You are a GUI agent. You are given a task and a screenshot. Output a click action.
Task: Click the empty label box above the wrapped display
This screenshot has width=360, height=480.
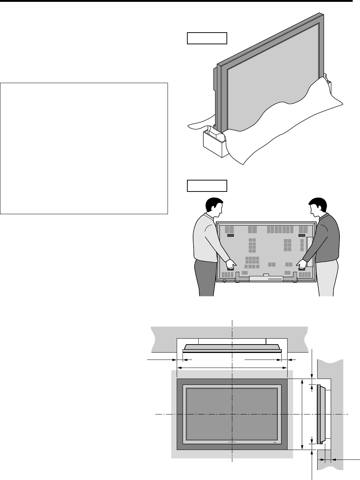click(207, 38)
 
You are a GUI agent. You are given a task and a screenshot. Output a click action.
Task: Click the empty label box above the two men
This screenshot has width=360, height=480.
click(207, 186)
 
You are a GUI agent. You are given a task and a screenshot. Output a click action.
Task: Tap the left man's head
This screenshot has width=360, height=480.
click(214, 207)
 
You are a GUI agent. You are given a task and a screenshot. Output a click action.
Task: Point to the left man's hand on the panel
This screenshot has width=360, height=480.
click(231, 264)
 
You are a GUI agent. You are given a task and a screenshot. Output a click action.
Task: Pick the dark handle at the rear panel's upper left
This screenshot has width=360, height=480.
click(230, 236)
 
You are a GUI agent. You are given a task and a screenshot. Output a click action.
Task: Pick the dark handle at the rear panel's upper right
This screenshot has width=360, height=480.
click(302, 236)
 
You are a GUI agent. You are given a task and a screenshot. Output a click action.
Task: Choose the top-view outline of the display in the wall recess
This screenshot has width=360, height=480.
click(232, 348)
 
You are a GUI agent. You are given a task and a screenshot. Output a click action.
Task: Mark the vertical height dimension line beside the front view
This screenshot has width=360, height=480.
click(302, 414)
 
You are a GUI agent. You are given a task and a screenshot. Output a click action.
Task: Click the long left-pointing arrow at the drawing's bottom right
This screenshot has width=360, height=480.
click(346, 459)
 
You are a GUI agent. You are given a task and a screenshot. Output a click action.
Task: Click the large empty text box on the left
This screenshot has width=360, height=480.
click(84, 148)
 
